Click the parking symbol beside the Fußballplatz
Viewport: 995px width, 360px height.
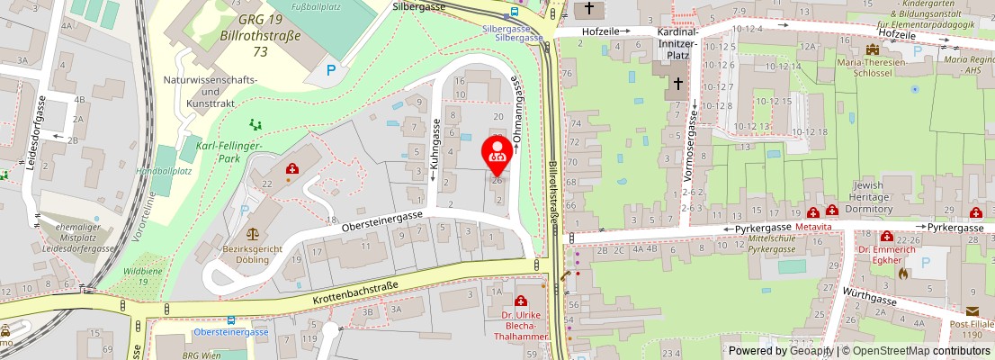(x=331, y=69)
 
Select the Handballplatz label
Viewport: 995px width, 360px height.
(x=164, y=171)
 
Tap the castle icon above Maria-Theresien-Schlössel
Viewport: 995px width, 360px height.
(x=870, y=49)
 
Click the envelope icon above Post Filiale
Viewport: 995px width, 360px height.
(x=973, y=311)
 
